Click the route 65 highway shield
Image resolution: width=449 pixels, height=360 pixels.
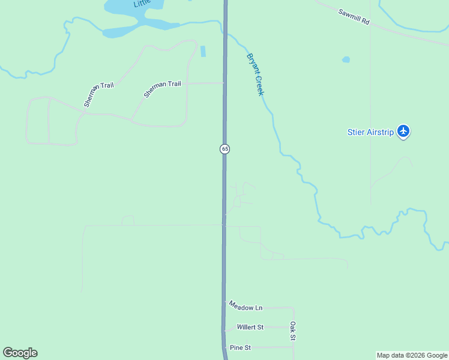pos(224,148)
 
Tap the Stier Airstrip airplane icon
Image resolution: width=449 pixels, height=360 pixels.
pos(403,131)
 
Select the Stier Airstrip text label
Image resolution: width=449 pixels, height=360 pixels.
pos(370,132)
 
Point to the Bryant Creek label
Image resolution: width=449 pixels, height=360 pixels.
pos(256,75)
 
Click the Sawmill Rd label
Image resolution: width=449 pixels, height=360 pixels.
pos(354,16)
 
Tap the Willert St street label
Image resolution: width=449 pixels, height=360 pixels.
pos(250,327)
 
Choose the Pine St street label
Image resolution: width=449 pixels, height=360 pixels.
pos(240,347)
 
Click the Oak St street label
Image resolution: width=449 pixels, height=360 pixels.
pos(293,331)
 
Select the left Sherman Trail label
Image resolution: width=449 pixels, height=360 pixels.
pos(99,94)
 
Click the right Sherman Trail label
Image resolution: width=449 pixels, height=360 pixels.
pos(162,89)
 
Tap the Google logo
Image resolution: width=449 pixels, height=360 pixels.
pos(20,353)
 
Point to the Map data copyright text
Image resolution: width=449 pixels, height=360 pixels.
pos(412,355)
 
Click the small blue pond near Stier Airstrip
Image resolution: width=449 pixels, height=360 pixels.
pos(346,59)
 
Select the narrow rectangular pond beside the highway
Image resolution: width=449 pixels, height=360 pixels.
pos(203,51)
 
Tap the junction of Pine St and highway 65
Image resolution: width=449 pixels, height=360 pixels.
pos(225,347)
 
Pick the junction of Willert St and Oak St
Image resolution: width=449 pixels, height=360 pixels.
pos(294,327)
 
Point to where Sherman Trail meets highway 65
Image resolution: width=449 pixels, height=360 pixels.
pos(224,83)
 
